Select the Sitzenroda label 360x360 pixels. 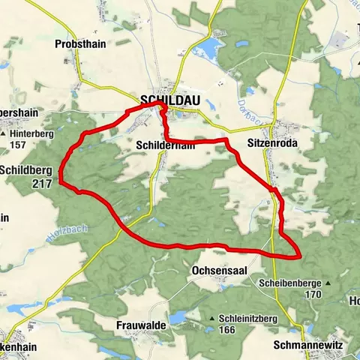tap(268, 140)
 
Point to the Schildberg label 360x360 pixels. tap(25, 169)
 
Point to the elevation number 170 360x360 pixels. tap(313, 294)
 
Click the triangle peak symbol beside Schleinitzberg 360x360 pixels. tap(213, 319)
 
